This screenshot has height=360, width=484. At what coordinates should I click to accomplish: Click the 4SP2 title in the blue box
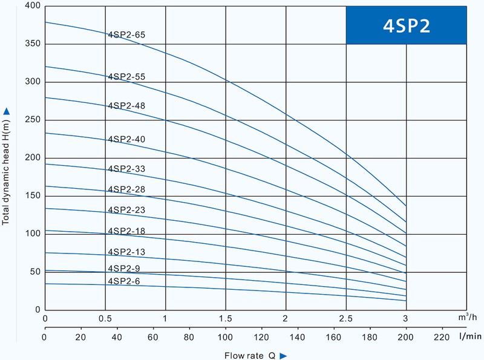pyautogui.click(x=407, y=26)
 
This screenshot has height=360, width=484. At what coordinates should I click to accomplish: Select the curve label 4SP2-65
pyautogui.click(x=126, y=35)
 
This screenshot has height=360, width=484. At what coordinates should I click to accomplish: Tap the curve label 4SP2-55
pyautogui.click(x=126, y=77)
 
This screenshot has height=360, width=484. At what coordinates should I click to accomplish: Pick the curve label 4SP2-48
pyautogui.click(x=126, y=105)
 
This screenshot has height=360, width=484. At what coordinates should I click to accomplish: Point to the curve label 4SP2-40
pyautogui.click(x=126, y=139)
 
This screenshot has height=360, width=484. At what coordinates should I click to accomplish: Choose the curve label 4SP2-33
pyautogui.click(x=126, y=169)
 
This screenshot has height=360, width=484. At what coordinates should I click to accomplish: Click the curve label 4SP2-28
pyautogui.click(x=126, y=190)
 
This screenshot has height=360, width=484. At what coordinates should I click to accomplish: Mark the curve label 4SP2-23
pyautogui.click(x=126, y=210)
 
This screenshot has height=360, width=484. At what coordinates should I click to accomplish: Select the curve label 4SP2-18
pyautogui.click(x=126, y=231)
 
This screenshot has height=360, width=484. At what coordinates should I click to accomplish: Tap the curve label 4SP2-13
pyautogui.click(x=126, y=252)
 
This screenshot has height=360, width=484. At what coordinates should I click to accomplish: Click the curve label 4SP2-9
pyautogui.click(x=124, y=269)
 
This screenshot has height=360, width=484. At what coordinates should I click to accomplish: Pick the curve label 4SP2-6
pyautogui.click(x=124, y=281)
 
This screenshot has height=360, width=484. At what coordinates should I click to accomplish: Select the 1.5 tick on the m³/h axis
pyautogui.click(x=226, y=318)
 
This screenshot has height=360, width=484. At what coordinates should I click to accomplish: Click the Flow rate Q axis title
pyautogui.click(x=253, y=355)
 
